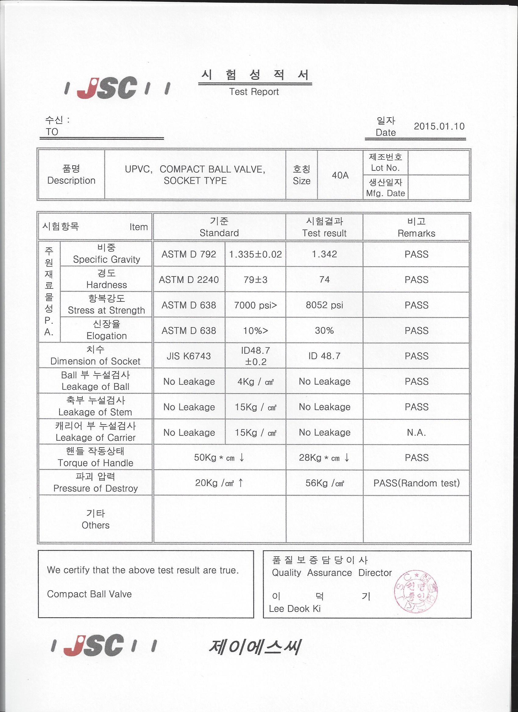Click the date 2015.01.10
439,126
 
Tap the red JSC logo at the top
107,88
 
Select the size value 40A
340,175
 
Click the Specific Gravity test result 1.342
324,254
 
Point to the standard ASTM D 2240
189,279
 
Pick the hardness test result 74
324,279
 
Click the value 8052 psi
324,305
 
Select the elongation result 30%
324,330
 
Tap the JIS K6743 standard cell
189,356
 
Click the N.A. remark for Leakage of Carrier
416,433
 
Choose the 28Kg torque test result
324,458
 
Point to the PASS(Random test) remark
416,483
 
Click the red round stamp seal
416,592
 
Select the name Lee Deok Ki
295,609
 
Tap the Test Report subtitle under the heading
254,92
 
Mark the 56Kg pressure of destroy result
325,483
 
